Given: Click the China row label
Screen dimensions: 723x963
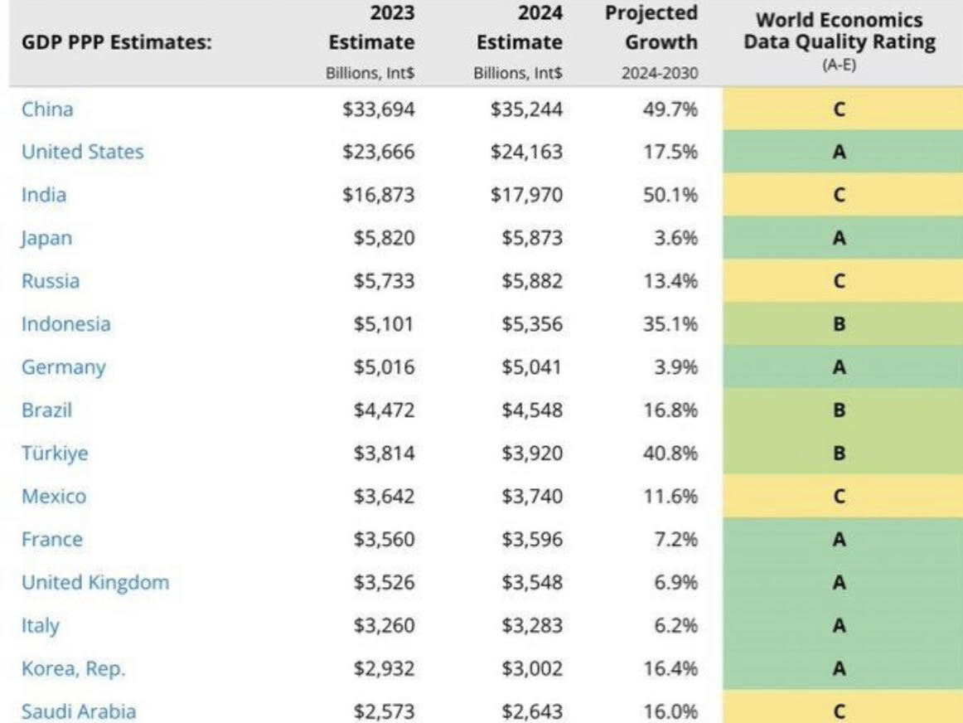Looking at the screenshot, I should pos(46,109).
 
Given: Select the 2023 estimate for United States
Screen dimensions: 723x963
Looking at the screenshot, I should pos(379,152).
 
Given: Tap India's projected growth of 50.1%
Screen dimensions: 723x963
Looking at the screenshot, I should pos(670,195).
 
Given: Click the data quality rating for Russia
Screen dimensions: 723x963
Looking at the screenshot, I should pos(839,281).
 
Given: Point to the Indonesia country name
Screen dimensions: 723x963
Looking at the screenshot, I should pos(65,324).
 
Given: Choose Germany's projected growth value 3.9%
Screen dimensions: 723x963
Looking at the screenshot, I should pos(674,367).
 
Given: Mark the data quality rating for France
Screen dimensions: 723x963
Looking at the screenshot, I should pos(839,540).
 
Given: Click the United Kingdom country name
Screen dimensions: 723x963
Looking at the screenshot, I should pos(94,583).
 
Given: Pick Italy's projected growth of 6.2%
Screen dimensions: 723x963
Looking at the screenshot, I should pos(674,626).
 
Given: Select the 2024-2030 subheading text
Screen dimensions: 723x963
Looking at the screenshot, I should pos(660,73).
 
